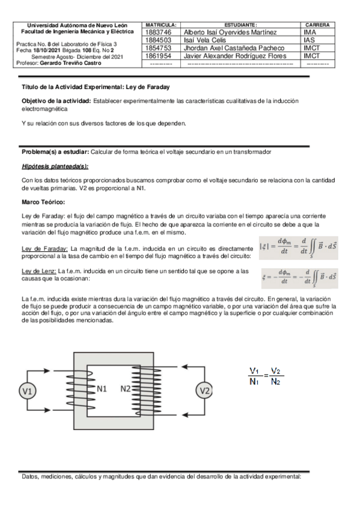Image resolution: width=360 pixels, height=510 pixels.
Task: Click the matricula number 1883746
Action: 159,32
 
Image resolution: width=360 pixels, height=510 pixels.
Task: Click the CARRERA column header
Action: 317,25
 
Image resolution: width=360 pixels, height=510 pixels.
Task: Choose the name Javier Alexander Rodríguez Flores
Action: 235,55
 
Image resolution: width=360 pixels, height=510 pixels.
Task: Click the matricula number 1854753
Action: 159,48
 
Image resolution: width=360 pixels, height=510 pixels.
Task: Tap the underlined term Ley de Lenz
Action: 37,271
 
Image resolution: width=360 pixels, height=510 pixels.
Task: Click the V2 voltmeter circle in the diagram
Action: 205,391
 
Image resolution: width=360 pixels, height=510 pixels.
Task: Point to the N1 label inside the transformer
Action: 102,389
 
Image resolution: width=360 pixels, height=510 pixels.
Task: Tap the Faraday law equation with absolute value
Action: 297,248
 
